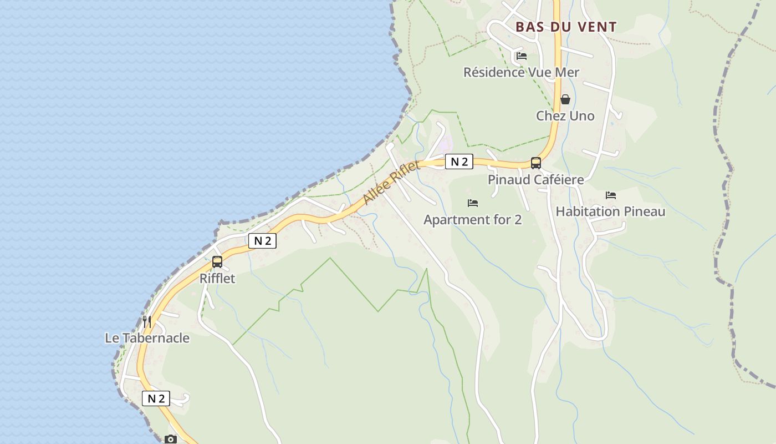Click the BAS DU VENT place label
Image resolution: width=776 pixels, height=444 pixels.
coord(566,27)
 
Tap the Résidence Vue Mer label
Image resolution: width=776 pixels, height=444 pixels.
coord(521,72)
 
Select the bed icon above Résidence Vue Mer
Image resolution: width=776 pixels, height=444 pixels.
coord(521,56)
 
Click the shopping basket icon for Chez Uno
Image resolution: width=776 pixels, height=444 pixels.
coord(565,99)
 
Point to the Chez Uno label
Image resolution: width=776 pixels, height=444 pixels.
coord(565,116)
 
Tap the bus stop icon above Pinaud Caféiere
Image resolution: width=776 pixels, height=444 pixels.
coord(535,163)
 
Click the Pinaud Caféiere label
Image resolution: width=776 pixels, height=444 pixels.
coord(535,179)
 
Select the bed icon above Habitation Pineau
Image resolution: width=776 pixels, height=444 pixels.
coord(611,195)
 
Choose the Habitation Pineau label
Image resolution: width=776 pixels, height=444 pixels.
coord(610,211)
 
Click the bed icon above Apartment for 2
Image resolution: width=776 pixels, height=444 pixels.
coord(472,203)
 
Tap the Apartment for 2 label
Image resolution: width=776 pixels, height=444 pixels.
coord(472,220)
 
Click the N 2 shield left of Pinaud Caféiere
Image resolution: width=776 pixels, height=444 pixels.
coord(460,162)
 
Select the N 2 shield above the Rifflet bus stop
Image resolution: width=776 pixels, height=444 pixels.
coord(262,241)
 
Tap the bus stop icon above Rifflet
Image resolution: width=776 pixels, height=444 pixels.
coord(217,261)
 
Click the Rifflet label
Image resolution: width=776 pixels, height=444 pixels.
coord(217,278)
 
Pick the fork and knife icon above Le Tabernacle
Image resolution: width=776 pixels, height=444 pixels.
coord(147,321)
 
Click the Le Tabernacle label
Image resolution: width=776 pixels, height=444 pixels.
coord(147,338)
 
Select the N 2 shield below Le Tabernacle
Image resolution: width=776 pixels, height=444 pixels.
coord(156,398)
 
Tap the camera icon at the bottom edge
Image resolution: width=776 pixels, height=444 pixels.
coord(171,439)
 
